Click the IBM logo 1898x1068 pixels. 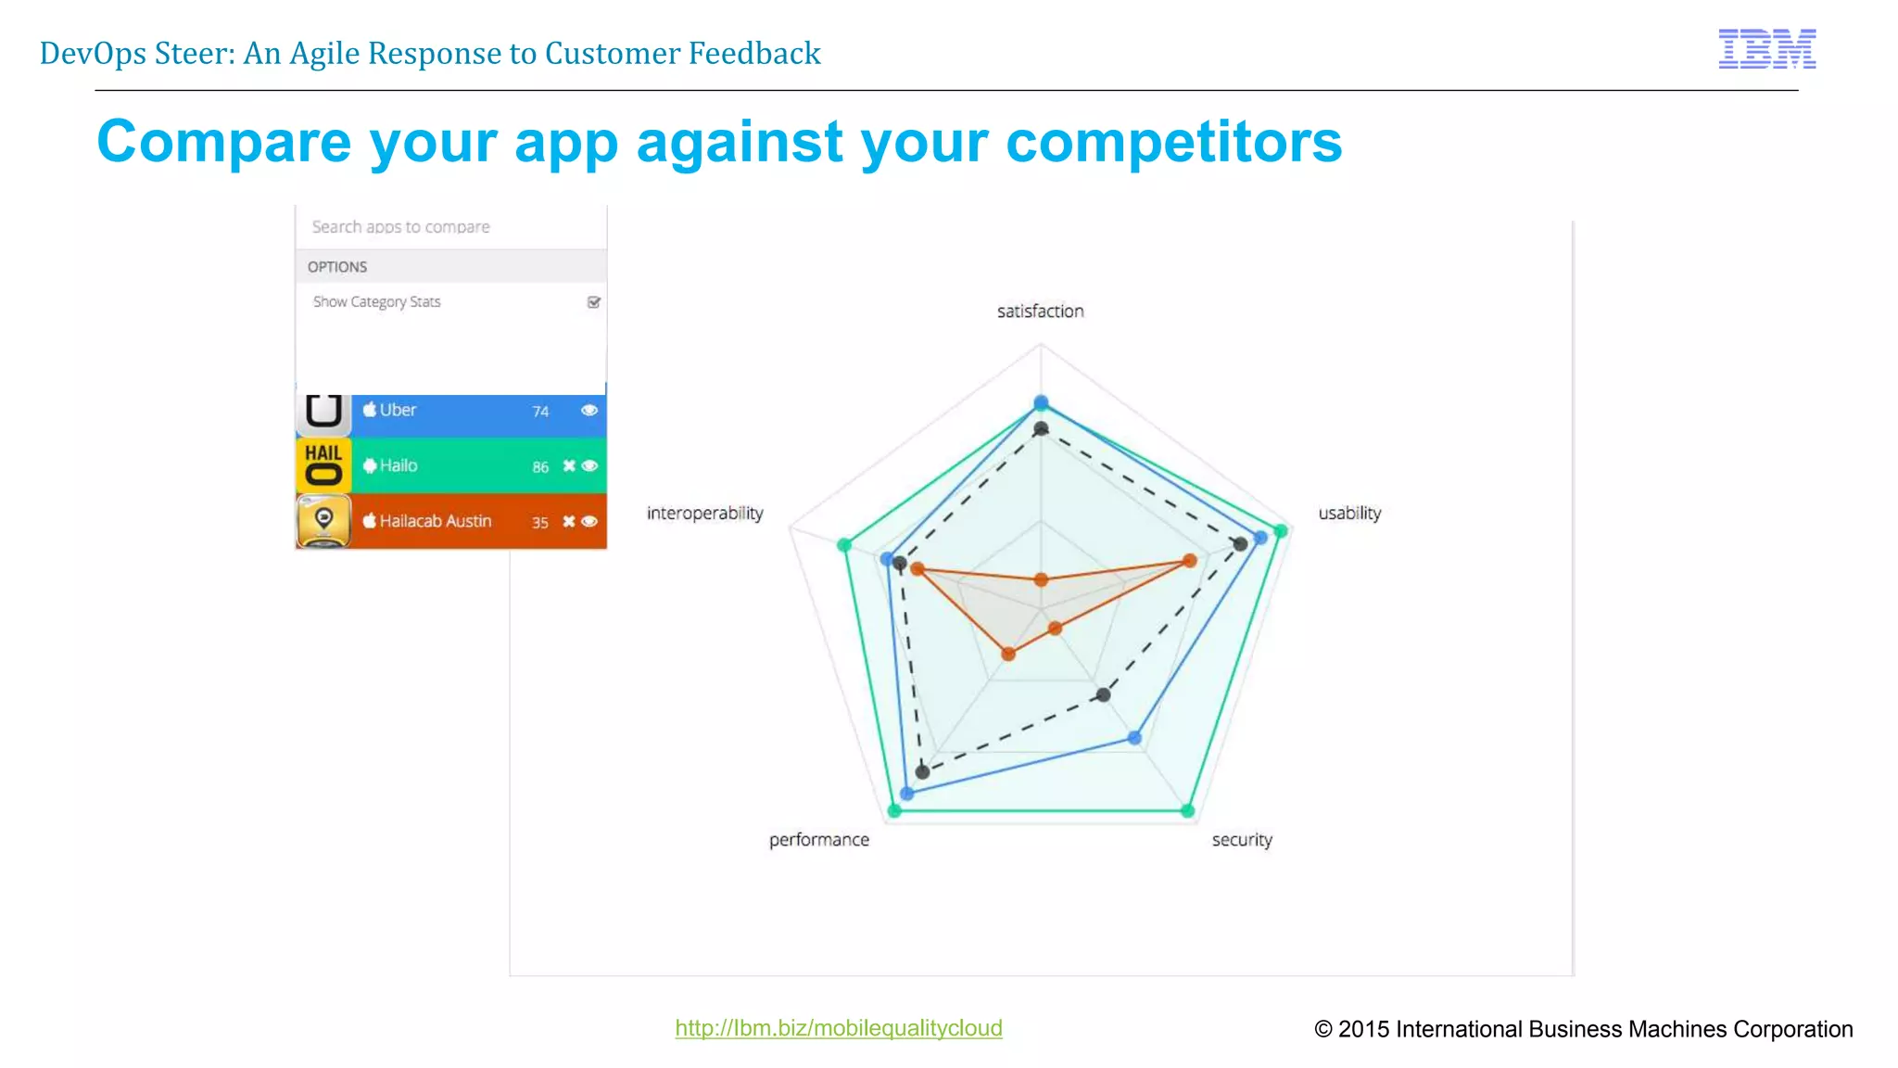coord(1766,48)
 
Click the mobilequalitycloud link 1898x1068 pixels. coord(838,1027)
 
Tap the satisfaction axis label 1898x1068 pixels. coord(1040,311)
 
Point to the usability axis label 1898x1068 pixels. coord(1349,513)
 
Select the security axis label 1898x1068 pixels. coord(1242,839)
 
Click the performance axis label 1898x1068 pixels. coord(819,839)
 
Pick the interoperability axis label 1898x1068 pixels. coord(704,513)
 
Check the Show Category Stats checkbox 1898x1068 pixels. coord(594,302)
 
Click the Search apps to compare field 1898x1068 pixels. coord(450,226)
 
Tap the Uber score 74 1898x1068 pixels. coord(540,411)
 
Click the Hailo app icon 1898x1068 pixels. coord(323,464)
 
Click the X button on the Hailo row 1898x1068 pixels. coord(569,465)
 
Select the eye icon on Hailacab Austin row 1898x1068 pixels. coord(589,521)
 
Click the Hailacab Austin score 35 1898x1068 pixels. coord(540,522)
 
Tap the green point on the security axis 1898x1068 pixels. coord(1188,811)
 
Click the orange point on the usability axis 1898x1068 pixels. coord(1190,560)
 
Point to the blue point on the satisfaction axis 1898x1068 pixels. coord(1041,403)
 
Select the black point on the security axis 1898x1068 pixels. coord(1103,694)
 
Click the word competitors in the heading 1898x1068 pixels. coord(1173,142)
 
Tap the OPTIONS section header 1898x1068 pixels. coord(337,267)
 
